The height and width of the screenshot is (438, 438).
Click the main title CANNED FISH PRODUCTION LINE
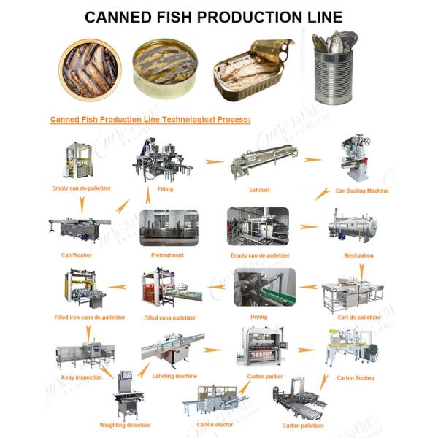[219, 16]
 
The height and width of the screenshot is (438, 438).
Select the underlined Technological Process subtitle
[150, 118]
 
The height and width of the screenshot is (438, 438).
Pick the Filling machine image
[164, 162]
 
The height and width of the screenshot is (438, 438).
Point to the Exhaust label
[259, 190]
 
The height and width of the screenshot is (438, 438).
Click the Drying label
[258, 317]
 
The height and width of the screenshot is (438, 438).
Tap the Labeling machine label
[174, 376]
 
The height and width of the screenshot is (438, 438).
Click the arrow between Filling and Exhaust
[214, 161]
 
